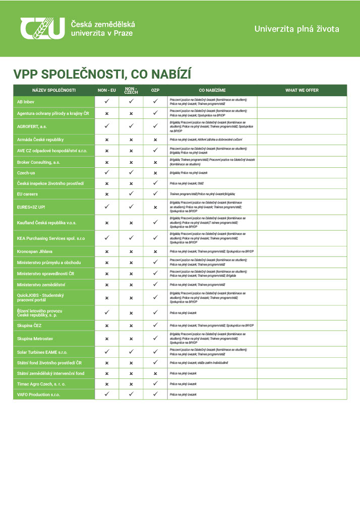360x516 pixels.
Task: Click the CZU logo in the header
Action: tap(43, 28)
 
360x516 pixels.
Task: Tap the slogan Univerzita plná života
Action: tap(296, 29)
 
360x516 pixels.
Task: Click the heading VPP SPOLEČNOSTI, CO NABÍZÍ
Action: tap(102, 74)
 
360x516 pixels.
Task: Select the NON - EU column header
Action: tap(107, 90)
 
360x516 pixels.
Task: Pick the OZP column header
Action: tap(155, 90)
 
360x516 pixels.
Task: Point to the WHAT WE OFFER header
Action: tap(302, 90)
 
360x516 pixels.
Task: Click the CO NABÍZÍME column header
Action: tap(212, 90)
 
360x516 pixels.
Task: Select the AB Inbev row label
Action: tap(26, 101)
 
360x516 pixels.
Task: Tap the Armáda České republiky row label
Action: tap(40, 139)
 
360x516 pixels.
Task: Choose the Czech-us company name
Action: tap(26, 172)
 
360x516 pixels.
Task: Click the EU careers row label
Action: tap(27, 194)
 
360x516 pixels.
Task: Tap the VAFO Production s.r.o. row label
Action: tap(38, 395)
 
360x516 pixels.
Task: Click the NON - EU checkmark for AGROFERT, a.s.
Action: tap(107, 126)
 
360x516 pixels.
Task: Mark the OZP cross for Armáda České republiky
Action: tap(155, 140)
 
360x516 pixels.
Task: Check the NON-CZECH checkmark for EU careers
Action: tap(131, 194)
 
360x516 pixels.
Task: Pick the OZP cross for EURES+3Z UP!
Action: tap(155, 207)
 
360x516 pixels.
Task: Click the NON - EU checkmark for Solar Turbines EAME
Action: tap(107, 351)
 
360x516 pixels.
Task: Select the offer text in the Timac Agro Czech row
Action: tap(183, 384)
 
